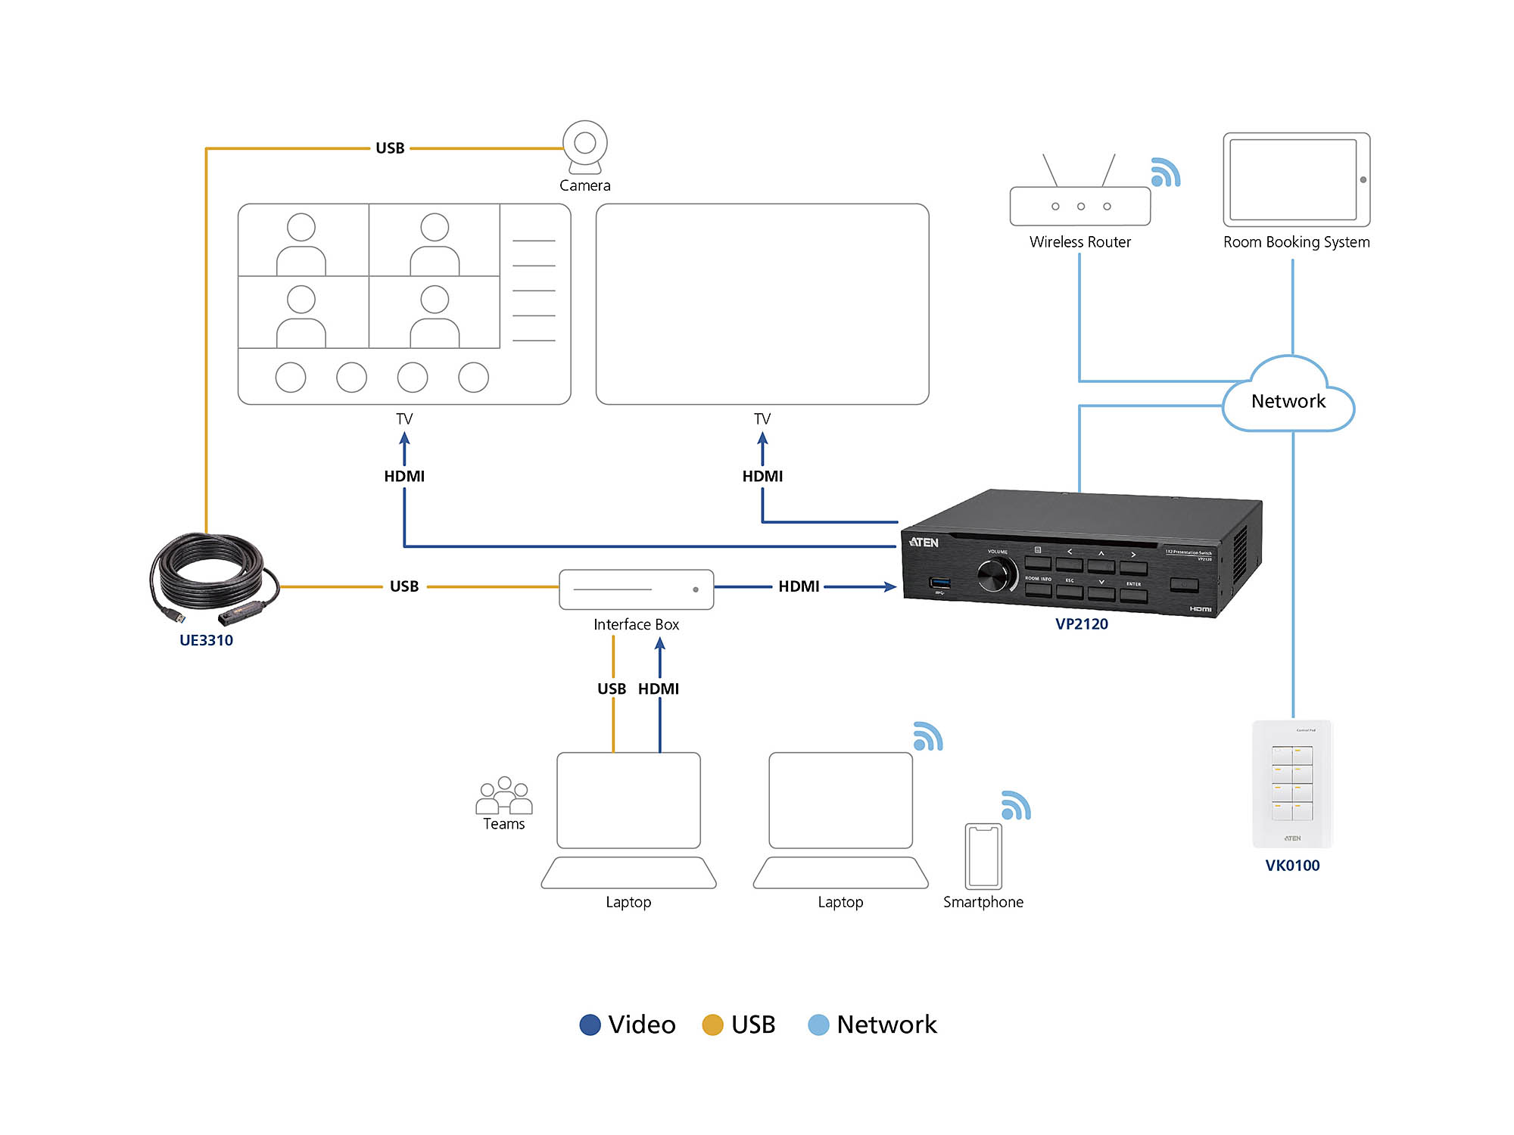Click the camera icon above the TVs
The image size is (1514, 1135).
584,145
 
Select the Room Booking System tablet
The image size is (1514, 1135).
1296,179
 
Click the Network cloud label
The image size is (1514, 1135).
1288,401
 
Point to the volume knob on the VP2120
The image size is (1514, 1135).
995,577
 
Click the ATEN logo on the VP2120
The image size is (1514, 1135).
924,543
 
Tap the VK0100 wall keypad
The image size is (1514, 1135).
1292,784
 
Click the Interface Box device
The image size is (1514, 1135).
636,589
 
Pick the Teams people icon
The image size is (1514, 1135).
503,795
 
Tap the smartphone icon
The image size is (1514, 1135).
983,856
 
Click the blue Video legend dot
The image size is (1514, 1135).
590,1025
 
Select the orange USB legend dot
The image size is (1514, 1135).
712,1025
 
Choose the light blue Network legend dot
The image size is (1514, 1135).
818,1025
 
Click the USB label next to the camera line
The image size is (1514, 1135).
390,148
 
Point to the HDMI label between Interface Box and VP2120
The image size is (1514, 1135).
799,586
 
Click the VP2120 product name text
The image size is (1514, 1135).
1081,624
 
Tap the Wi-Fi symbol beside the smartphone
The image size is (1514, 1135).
1015,806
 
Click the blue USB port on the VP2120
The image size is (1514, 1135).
939,583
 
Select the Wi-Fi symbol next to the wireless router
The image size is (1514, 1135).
1165,173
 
